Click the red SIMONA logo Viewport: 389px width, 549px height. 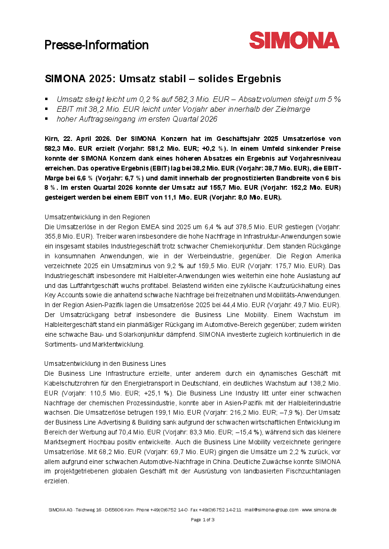pyautogui.click(x=294, y=40)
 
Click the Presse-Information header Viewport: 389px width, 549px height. pyautogui.click(x=96, y=45)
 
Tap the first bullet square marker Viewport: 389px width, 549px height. pyautogui.click(x=47, y=99)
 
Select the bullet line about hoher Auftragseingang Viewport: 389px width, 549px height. pyautogui.click(x=137, y=119)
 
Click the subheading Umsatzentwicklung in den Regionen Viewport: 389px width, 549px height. pyautogui.click(x=97, y=217)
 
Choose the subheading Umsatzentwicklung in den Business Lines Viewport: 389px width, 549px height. pyautogui.click(x=104, y=363)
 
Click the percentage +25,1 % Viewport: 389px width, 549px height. pyautogui.click(x=159, y=393)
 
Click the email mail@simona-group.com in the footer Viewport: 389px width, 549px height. pyautogui.click(x=272, y=510)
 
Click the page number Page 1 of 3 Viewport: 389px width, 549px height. pyautogui.click(x=202, y=519)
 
